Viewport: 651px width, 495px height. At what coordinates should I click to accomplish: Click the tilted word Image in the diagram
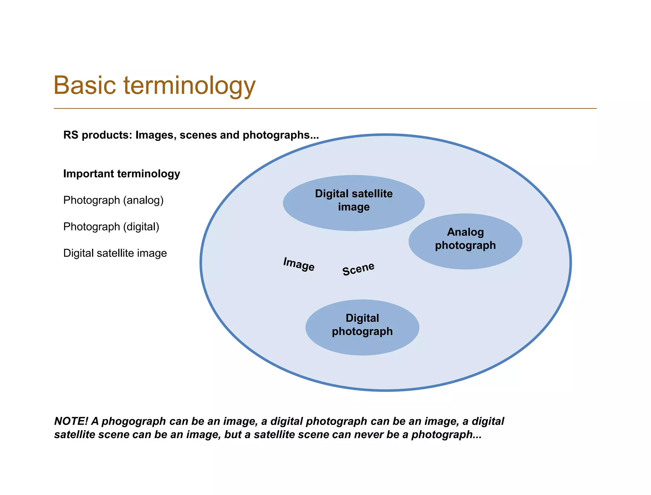click(299, 264)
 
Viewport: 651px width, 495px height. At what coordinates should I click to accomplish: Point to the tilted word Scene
click(358, 269)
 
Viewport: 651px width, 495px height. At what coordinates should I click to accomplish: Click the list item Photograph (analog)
click(113, 200)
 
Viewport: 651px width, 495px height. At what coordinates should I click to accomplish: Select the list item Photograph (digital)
click(111, 227)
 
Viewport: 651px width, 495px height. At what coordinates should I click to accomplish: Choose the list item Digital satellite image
click(115, 253)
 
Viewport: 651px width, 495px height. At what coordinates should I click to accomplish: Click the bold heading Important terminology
click(121, 174)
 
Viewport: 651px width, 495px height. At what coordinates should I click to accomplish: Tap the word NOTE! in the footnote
click(71, 421)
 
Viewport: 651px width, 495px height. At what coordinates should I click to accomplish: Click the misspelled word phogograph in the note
click(134, 421)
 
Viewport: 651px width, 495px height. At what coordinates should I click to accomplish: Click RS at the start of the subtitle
click(71, 135)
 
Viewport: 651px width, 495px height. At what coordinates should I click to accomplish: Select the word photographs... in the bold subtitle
click(280, 135)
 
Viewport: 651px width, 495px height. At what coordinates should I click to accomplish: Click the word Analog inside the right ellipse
click(465, 232)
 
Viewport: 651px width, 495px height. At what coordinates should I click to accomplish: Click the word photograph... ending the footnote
click(446, 435)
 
